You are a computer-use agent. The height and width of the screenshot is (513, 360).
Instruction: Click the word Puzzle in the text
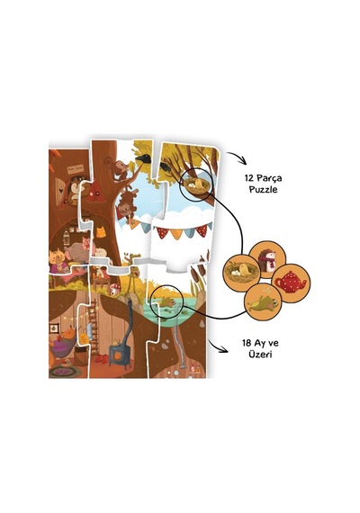coord(263,190)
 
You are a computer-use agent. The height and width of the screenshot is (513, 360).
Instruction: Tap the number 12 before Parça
coord(249,178)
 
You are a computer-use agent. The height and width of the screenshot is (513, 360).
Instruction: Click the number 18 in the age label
coord(247,343)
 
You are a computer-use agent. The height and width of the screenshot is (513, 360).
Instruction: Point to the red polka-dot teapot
coord(291,282)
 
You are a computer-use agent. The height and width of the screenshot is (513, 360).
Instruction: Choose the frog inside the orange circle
coord(263,302)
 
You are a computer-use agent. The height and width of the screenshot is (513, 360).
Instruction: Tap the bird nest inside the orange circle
coord(242,271)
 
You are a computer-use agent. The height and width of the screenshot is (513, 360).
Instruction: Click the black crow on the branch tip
coord(141,158)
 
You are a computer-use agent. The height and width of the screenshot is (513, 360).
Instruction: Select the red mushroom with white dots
coord(115,289)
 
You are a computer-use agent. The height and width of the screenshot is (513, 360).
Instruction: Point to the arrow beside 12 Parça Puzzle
coord(237,157)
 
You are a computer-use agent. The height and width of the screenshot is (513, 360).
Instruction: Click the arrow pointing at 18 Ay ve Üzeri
coord(219,346)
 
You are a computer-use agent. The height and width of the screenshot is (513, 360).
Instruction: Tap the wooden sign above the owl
coord(76,169)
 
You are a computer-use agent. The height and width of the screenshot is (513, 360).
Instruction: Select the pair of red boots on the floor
coord(101,359)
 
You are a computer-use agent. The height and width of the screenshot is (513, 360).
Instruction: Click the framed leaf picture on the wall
coord(54,328)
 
